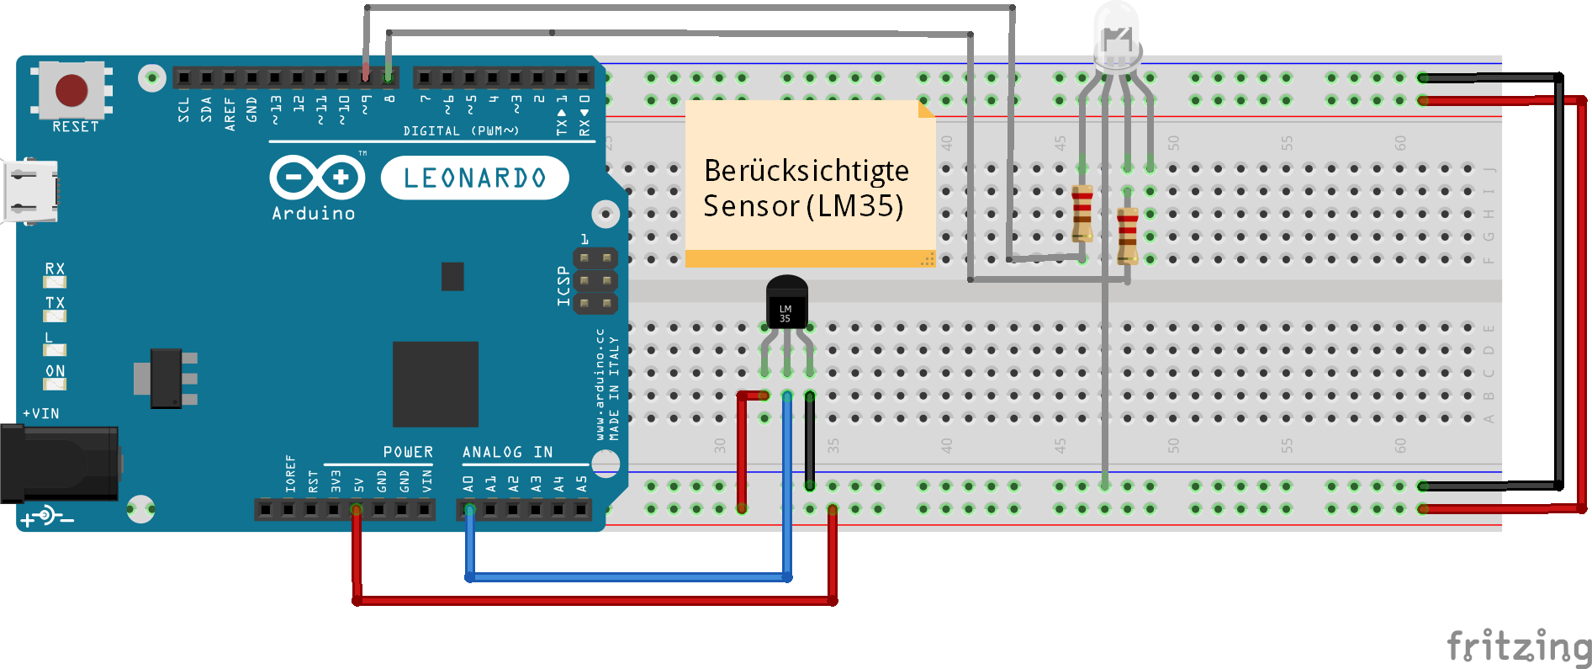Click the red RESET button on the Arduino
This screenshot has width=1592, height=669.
[x=71, y=90]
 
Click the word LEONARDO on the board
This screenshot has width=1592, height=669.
[x=474, y=178]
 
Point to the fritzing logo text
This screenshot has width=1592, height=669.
[x=1518, y=647]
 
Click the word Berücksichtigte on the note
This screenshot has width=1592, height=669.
[x=806, y=171]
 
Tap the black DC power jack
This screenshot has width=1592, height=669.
[x=59, y=463]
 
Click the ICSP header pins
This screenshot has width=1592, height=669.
[x=595, y=280]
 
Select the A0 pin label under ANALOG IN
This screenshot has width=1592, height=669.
[x=468, y=484]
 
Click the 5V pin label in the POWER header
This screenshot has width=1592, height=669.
[x=359, y=485]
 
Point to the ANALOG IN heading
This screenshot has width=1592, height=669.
[x=507, y=452]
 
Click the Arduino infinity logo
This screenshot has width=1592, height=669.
[x=317, y=178]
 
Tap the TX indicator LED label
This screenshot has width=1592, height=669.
[x=55, y=303]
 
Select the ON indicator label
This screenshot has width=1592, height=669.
[x=55, y=371]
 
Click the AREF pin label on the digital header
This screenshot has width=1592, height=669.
[x=230, y=114]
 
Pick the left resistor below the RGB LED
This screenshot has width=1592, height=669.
[x=1082, y=214]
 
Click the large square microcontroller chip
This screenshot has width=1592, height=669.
[x=435, y=384]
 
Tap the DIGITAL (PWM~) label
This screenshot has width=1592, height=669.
[x=461, y=131]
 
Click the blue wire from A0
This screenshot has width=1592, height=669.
[x=627, y=577]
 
